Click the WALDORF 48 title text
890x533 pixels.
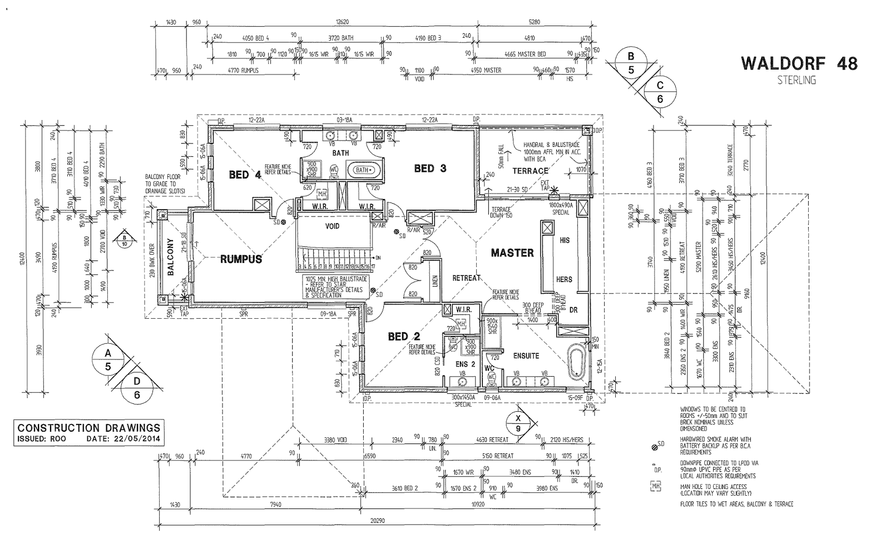point(799,63)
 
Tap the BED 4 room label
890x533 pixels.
point(245,175)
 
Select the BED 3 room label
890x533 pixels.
point(430,168)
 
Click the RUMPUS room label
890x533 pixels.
point(241,259)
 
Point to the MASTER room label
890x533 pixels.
point(512,253)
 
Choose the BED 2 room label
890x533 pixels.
point(404,336)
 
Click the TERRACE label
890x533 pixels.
point(530,171)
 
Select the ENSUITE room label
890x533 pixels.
point(526,356)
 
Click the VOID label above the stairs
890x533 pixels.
point(333,226)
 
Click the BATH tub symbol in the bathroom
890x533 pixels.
point(363,169)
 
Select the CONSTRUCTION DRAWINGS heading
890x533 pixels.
point(89,428)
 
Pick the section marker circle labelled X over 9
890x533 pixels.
point(518,423)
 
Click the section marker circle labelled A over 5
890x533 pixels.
point(108,360)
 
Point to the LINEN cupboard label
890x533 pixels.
point(436,283)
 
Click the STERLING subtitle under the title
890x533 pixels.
point(797,80)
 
